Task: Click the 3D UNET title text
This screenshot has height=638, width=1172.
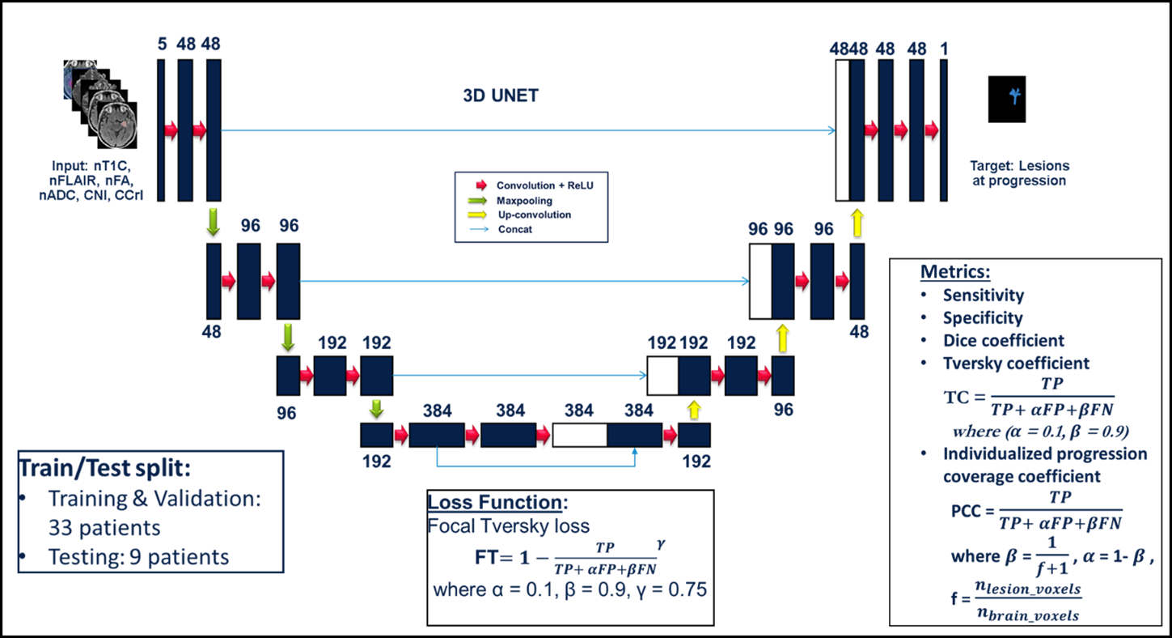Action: pyautogui.click(x=500, y=96)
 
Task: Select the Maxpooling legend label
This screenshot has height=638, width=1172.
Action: pyautogui.click(x=524, y=200)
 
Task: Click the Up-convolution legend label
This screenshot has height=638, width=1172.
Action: pyautogui.click(x=534, y=215)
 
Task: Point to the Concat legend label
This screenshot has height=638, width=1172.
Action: pyautogui.click(x=514, y=229)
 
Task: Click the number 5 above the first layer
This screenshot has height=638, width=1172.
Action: pyautogui.click(x=163, y=46)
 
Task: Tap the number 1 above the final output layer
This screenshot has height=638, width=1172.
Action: pyautogui.click(x=944, y=49)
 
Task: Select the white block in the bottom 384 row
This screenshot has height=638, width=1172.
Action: pyautogui.click(x=579, y=435)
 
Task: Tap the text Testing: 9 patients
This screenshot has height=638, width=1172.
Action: pyautogui.click(x=138, y=557)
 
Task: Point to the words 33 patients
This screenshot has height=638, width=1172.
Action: pyautogui.click(x=104, y=528)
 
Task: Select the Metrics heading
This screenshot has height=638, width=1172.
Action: pyautogui.click(x=954, y=271)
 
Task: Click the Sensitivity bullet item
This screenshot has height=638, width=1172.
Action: pyautogui.click(x=983, y=296)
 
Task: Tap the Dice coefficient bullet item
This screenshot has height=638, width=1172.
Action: pyautogui.click(x=1003, y=341)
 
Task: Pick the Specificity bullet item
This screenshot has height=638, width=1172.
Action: pyautogui.click(x=983, y=318)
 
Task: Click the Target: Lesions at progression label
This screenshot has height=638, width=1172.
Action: pyautogui.click(x=1018, y=173)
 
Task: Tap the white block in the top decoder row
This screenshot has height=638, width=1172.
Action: pyautogui.click(x=842, y=130)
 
